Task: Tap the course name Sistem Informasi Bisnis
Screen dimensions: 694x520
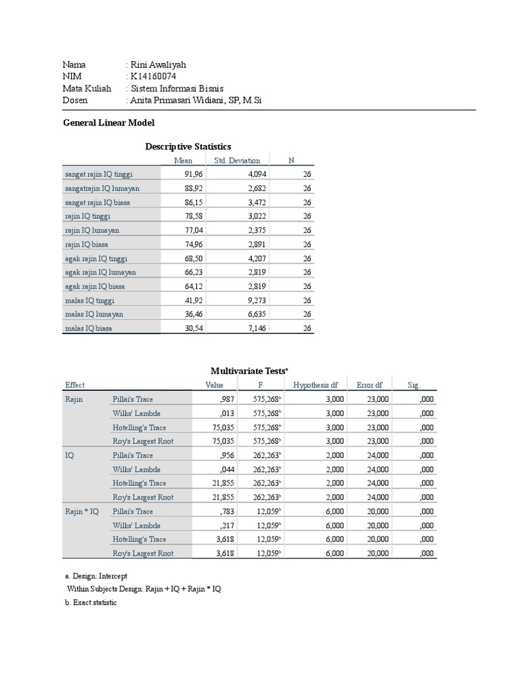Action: [x=177, y=88]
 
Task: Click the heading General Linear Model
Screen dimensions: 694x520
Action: [x=108, y=123]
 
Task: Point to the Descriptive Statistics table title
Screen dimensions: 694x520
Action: [x=188, y=146]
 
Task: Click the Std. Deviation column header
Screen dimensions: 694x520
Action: [x=237, y=161]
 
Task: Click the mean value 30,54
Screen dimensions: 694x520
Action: [x=194, y=328]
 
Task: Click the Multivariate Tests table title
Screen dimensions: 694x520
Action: [x=249, y=371]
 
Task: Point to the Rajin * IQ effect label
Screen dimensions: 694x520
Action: [x=82, y=512]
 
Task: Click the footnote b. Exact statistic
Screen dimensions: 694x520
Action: [x=91, y=603]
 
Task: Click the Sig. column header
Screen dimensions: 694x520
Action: [x=414, y=385]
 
